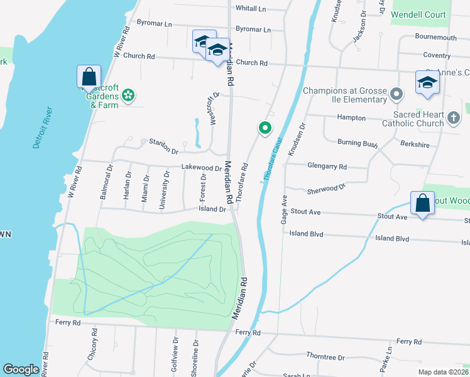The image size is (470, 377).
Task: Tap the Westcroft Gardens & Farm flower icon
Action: [x=128, y=95]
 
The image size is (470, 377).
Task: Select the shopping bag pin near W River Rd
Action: [x=89, y=77]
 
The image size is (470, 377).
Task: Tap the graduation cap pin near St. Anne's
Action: [x=427, y=83]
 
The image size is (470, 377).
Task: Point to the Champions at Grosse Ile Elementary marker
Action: [x=396, y=95]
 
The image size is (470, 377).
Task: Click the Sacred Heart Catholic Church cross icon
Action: [x=453, y=117]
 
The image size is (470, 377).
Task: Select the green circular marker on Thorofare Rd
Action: [x=265, y=128]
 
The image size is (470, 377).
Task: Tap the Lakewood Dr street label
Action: [x=201, y=168]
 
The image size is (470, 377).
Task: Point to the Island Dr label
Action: [x=212, y=209]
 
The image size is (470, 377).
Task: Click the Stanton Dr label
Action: [x=163, y=148]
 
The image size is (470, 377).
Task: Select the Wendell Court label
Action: [x=418, y=14]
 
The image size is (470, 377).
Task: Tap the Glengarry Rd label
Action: [x=327, y=167]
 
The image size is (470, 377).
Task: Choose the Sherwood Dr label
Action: [x=326, y=188]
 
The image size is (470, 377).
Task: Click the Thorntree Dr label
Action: [x=324, y=357]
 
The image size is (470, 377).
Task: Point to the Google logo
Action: [x=21, y=369]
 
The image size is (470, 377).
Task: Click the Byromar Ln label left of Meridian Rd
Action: [x=155, y=24]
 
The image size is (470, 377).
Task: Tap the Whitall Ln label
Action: [x=251, y=9]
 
